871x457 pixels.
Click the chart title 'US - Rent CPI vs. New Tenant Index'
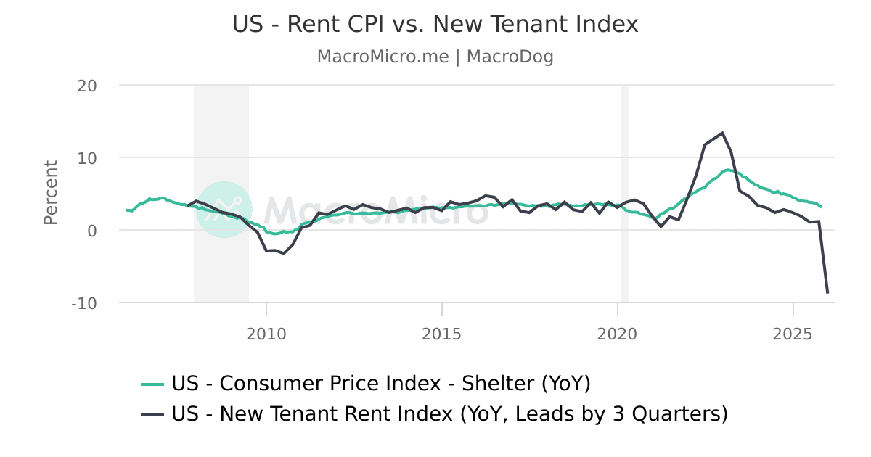(435, 24)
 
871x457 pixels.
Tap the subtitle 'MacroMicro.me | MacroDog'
(435, 57)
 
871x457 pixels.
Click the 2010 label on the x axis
(266, 334)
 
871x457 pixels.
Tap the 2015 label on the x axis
(442, 334)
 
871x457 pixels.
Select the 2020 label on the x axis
(617, 334)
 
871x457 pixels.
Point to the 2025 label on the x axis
(793, 334)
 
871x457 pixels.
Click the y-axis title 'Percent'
(50, 193)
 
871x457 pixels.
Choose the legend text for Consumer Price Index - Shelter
(380, 383)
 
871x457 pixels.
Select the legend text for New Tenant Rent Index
(449, 414)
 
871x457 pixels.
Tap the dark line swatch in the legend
(152, 415)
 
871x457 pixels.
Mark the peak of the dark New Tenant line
(722, 133)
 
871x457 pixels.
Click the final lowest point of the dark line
(827, 293)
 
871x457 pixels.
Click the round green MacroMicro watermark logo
(224, 210)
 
